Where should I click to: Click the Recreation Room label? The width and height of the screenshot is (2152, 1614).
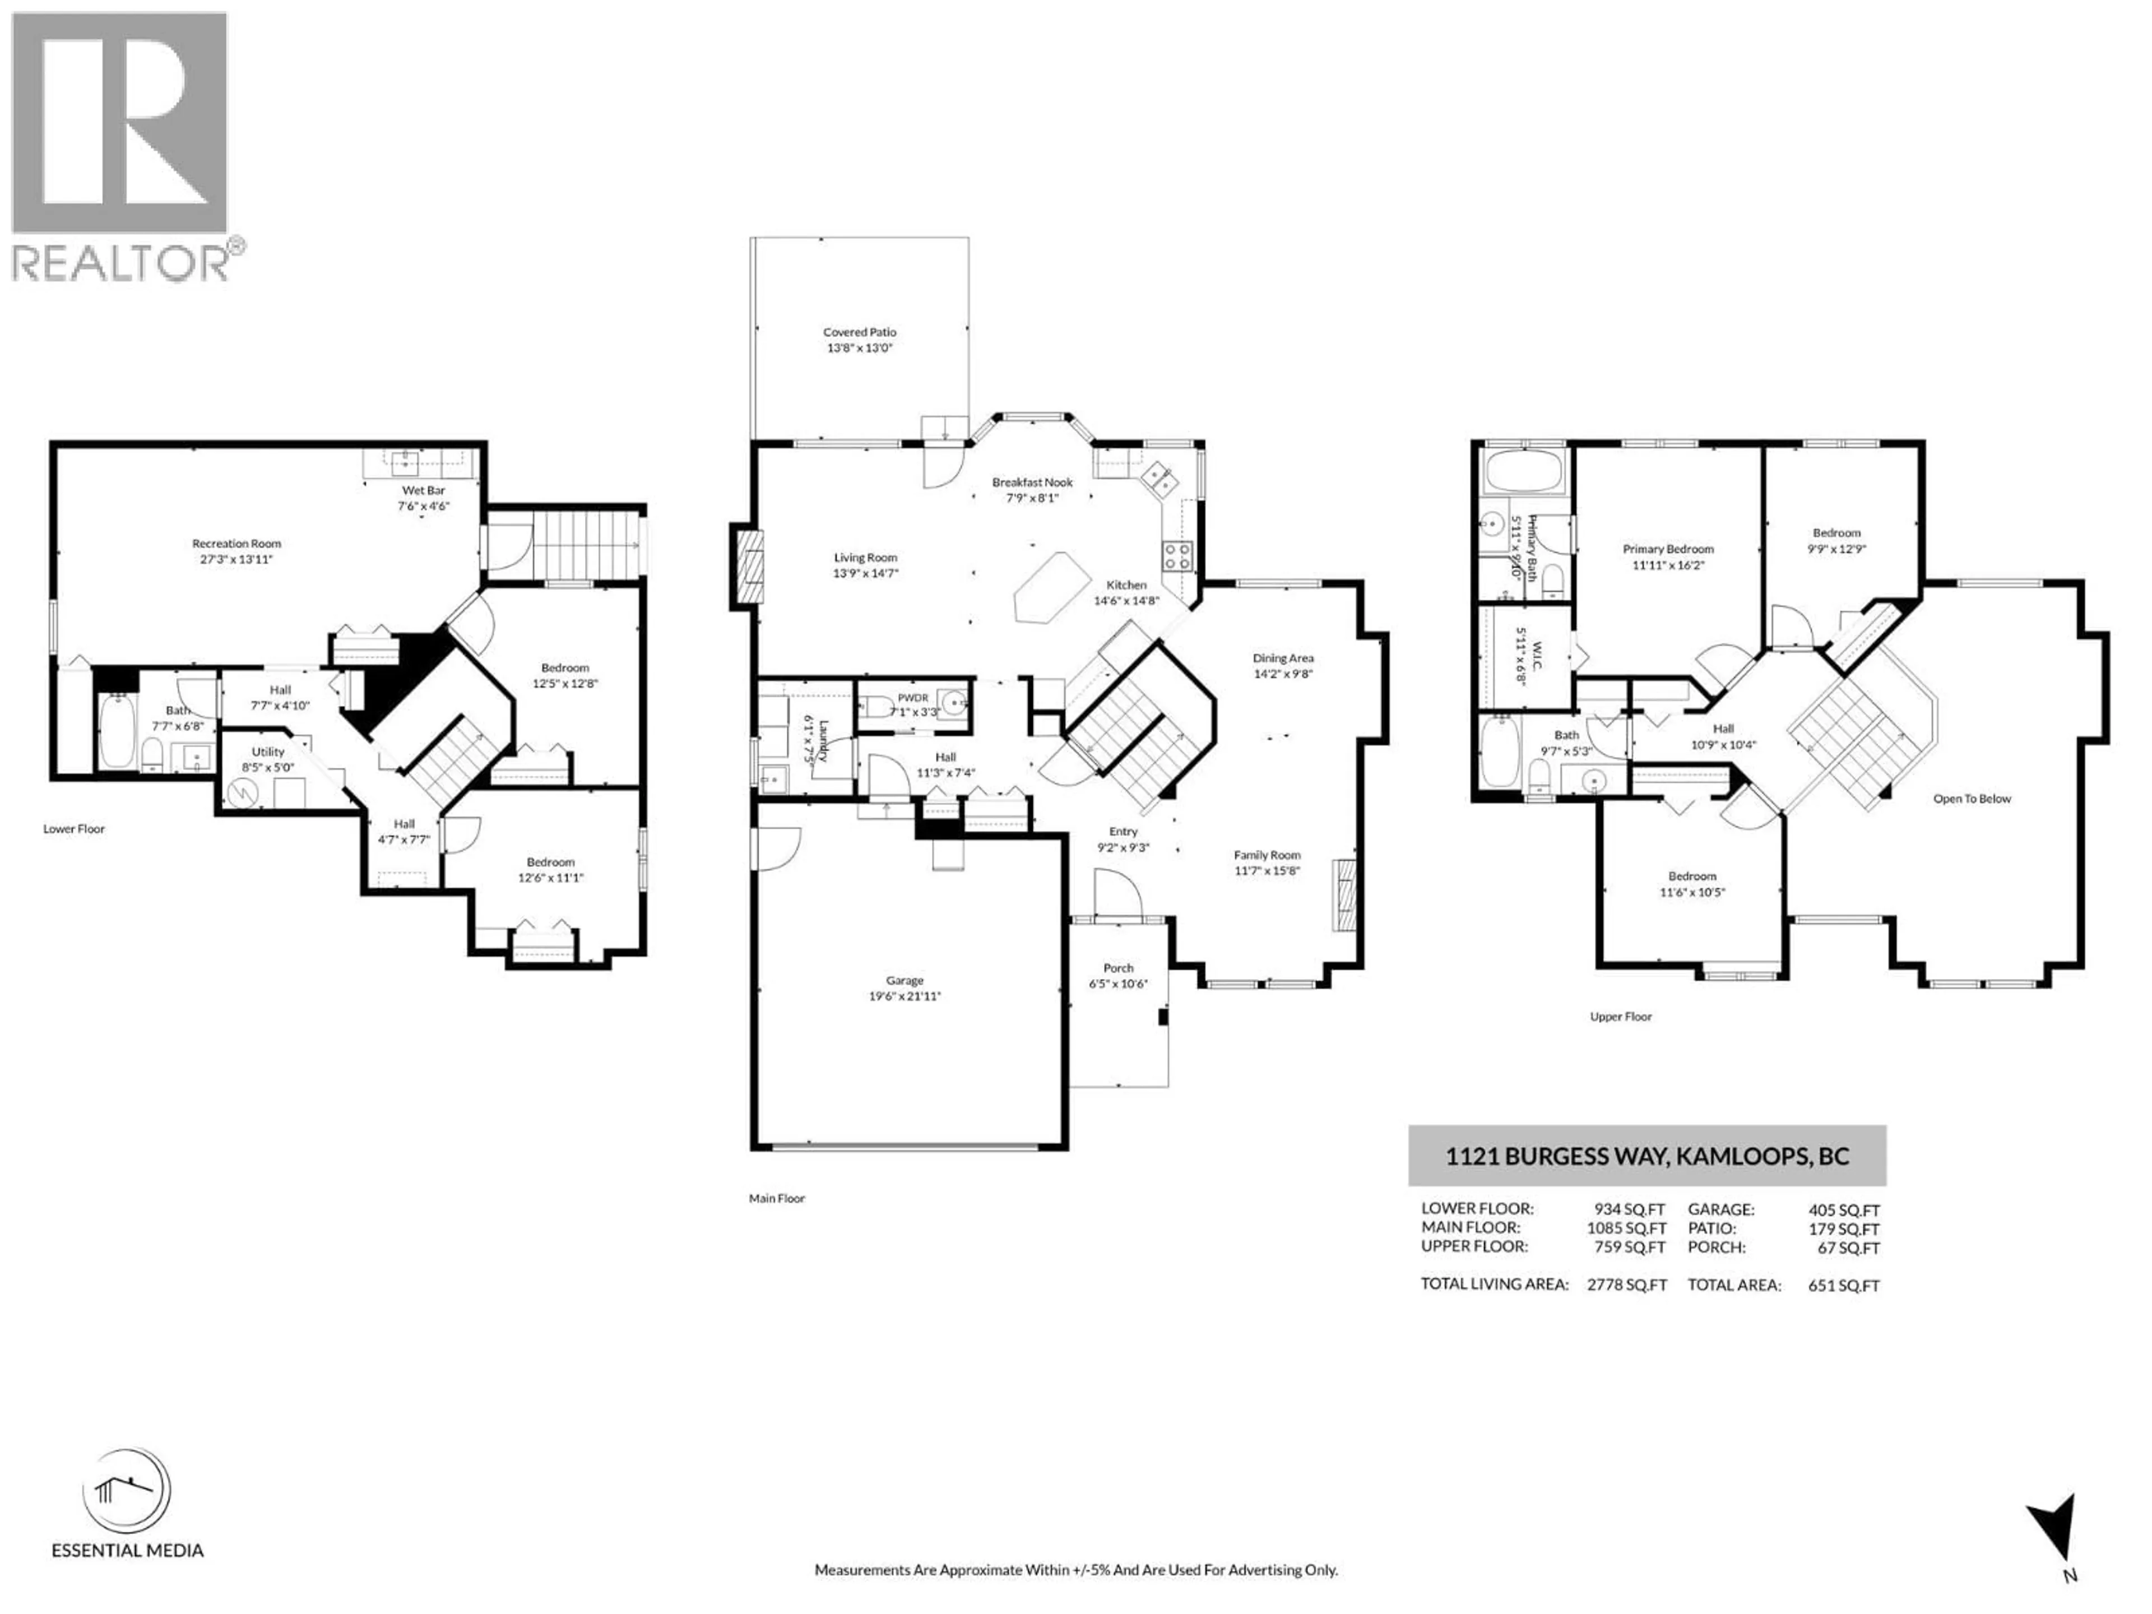pos(236,544)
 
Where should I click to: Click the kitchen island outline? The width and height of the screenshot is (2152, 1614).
pos(1051,587)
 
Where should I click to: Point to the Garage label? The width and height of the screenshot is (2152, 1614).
pos(905,981)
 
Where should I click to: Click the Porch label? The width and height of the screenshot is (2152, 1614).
pos(1118,968)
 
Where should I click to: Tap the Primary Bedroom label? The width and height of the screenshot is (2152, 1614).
pos(1667,549)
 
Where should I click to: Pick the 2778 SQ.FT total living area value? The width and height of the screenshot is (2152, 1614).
pos(1627,1285)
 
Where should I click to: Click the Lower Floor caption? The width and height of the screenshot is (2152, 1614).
pos(74,829)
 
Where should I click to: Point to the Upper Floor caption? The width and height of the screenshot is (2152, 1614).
pos(1621,1017)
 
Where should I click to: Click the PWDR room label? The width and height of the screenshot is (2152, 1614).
pos(912,698)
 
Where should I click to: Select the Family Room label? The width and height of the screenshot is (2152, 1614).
pos(1267,855)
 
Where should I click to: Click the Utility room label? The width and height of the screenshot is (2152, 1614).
pos(267,751)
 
